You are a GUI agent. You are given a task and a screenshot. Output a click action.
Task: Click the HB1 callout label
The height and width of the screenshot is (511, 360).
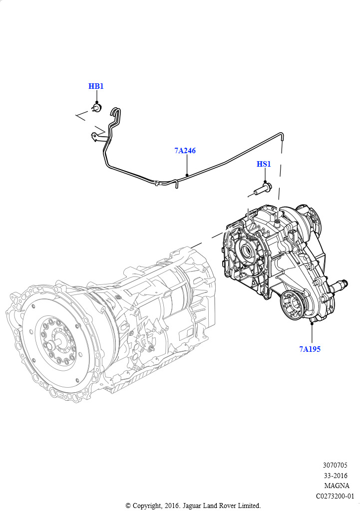tap(96, 86)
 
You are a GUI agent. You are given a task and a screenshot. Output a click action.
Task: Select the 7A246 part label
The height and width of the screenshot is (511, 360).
tap(185, 150)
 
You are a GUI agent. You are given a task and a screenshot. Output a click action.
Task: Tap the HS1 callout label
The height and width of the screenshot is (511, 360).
tap(264, 164)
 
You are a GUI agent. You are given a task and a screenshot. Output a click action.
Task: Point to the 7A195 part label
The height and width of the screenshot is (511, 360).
tap(310, 349)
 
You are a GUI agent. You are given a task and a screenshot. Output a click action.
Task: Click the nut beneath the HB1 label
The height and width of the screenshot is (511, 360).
tap(97, 107)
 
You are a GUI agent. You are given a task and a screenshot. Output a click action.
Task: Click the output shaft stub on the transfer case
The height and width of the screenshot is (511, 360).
tap(342, 286)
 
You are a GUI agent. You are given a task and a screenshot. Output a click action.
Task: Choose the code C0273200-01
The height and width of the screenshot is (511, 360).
tap(335, 496)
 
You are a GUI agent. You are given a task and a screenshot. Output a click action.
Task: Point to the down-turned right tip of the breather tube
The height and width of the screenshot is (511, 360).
tap(282, 137)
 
